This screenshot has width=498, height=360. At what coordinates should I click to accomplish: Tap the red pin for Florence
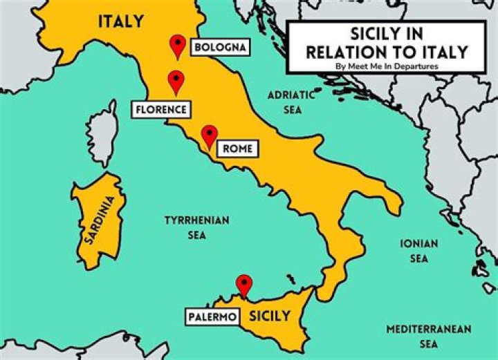(x=176, y=82)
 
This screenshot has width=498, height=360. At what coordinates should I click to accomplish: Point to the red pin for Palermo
(x=243, y=284)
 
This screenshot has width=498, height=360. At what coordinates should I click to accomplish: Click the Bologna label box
(x=219, y=48)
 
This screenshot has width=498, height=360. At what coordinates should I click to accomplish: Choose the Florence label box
(x=160, y=108)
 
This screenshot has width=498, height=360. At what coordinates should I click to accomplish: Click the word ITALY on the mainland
(x=121, y=21)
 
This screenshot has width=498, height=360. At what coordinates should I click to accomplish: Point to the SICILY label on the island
(x=270, y=316)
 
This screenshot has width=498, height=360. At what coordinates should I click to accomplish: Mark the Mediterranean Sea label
(x=429, y=336)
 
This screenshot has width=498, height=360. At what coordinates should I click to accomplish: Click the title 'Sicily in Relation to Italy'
(x=387, y=43)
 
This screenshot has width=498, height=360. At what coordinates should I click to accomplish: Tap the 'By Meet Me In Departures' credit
(x=387, y=66)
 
